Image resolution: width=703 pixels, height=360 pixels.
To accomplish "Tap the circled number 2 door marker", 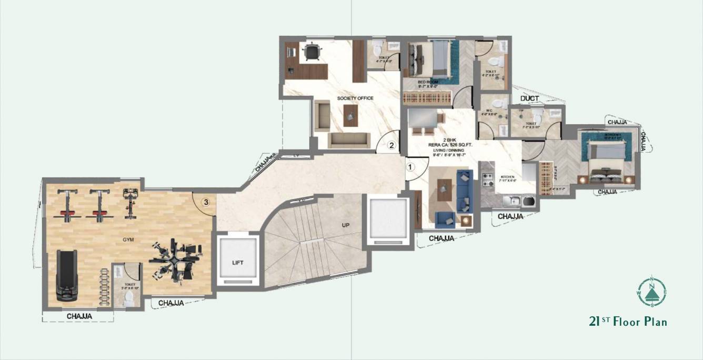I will point(391,146).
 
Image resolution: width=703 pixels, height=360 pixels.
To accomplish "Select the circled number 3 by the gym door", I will point(207,202).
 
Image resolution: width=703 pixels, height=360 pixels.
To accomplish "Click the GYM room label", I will point(128,239).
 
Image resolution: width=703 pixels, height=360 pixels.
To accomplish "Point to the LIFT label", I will point(238,262).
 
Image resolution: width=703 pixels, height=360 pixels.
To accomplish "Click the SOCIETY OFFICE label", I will point(355,98).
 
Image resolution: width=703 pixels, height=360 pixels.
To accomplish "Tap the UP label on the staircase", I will point(345,225).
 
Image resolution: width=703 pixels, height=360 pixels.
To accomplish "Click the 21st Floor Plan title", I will point(628,321).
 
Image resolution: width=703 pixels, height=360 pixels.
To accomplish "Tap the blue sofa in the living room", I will point(464,189).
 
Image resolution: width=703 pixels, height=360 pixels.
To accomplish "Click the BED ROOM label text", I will point(428,82).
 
